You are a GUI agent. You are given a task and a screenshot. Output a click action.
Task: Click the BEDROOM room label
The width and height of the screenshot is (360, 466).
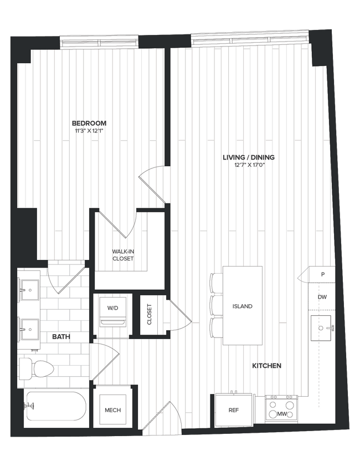tap(89, 123)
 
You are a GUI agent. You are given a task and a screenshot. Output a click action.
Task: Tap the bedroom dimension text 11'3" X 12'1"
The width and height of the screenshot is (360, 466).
tap(89, 131)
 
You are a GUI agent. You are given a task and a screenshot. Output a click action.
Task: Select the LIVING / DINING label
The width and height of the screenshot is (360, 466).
tap(248, 157)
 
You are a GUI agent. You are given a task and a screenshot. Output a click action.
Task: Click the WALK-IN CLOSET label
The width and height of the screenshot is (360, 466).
tap(123, 255)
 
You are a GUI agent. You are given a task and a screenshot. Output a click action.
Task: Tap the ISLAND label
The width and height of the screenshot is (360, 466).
tap(242, 306)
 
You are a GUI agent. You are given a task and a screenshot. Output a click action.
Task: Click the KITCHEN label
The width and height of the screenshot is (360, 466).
tap(266, 366)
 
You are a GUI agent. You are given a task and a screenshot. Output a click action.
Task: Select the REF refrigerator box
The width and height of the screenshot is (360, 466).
tap(233, 411)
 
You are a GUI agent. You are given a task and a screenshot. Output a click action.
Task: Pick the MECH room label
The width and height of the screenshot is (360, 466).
tap(113, 411)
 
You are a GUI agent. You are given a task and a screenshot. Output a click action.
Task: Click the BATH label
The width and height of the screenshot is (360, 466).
tap(61, 336)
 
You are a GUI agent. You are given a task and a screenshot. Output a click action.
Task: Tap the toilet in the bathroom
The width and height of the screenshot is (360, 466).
tap(36, 367)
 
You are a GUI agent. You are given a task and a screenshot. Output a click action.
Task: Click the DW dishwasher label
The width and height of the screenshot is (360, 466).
tap(322, 297)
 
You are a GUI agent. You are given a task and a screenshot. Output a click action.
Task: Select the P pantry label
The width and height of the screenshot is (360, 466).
tap(322, 274)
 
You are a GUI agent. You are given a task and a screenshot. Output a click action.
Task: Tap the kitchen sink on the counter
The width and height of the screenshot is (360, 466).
tap(321, 327)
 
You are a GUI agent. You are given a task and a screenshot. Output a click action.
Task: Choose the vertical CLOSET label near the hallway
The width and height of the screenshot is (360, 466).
tap(149, 314)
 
